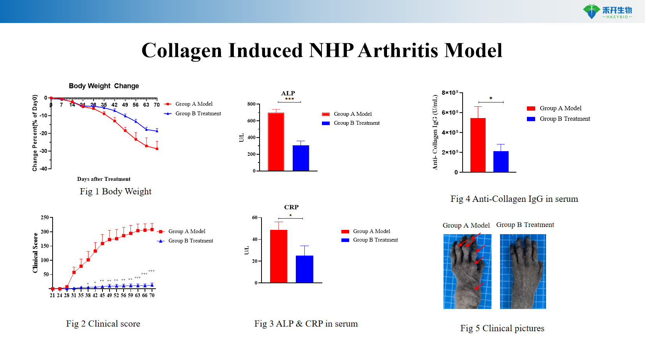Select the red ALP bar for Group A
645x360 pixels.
pyautogui.click(x=276, y=142)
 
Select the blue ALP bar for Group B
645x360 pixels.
pyautogui.click(x=301, y=158)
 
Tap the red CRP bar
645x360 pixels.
pyautogui.click(x=279, y=256)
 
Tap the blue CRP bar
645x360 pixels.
pyautogui.click(x=304, y=269)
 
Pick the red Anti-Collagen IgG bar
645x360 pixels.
pyautogui.click(x=478, y=145)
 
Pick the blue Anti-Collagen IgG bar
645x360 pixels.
pyautogui.click(x=501, y=161)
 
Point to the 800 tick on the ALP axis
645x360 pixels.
pyautogui.click(x=252, y=104)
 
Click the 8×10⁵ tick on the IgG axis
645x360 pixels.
pyautogui.click(x=451, y=93)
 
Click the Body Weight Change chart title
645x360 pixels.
pyautogui.click(x=104, y=86)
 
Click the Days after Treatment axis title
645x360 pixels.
pyautogui.click(x=104, y=179)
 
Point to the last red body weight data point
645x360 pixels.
pyautogui.click(x=157, y=148)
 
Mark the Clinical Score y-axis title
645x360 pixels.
pyautogui.click(x=35, y=252)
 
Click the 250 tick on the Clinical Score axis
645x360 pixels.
pyautogui.click(x=45, y=217)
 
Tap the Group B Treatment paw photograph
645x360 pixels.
pyautogui.click(x=523, y=272)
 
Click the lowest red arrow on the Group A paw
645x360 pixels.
pyautogui.click(x=479, y=286)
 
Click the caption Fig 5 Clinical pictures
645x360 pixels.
pyautogui.click(x=502, y=328)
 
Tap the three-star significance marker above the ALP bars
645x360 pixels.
pyautogui.click(x=289, y=99)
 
